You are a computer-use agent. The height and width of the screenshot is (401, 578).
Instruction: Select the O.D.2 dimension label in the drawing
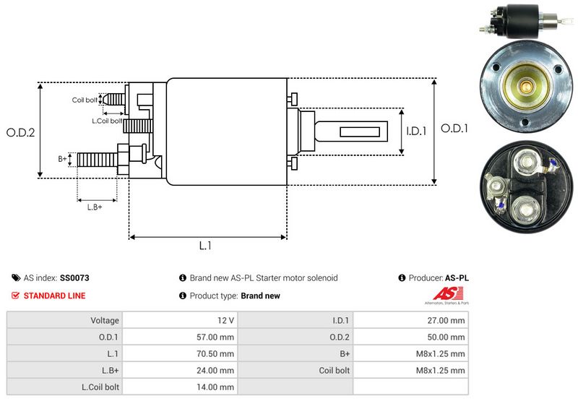(21, 132)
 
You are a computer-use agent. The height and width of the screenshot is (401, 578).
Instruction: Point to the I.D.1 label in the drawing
(417, 131)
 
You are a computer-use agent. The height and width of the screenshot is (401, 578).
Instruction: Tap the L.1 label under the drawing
(205, 246)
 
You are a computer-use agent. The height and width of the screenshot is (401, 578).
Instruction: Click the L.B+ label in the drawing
(95, 207)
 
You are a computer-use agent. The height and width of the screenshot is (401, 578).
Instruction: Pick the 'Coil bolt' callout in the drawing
(85, 100)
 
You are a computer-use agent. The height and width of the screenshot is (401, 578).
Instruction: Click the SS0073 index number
(74, 277)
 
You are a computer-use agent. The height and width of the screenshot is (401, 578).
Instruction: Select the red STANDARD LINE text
(54, 296)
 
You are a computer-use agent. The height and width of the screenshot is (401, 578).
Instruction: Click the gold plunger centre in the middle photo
(527, 87)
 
